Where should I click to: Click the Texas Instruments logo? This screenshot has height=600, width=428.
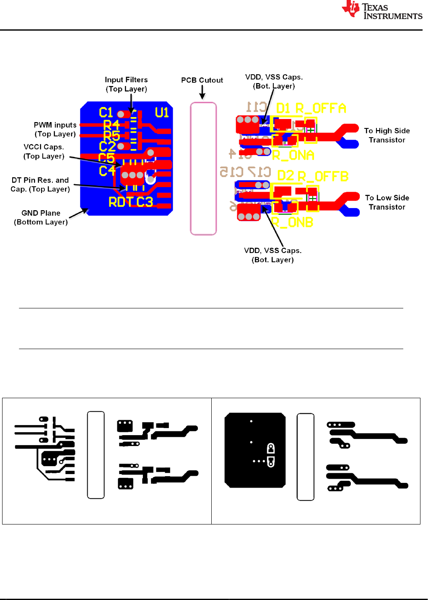point(381,10)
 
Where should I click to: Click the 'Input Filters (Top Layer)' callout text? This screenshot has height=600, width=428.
point(126,84)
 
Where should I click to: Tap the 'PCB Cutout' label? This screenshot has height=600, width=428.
point(202,80)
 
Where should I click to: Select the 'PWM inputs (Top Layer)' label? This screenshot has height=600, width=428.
point(55,129)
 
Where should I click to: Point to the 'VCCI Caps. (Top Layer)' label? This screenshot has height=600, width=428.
point(44,151)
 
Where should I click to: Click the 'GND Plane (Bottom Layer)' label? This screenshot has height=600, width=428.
point(41,217)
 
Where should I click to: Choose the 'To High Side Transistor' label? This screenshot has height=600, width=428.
point(387,136)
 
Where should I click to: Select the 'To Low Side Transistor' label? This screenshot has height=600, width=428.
point(387,202)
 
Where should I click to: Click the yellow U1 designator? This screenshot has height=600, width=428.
point(162,112)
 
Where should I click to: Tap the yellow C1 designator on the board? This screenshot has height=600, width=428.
point(106,112)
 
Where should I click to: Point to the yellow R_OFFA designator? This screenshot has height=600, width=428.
point(321,108)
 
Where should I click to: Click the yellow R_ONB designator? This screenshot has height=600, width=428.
point(292,222)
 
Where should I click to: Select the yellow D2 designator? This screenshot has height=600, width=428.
point(285,175)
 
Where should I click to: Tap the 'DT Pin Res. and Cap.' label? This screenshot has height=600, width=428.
point(40,185)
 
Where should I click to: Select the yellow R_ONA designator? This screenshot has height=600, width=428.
point(293,155)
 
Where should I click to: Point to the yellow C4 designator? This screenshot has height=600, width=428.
point(107,171)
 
